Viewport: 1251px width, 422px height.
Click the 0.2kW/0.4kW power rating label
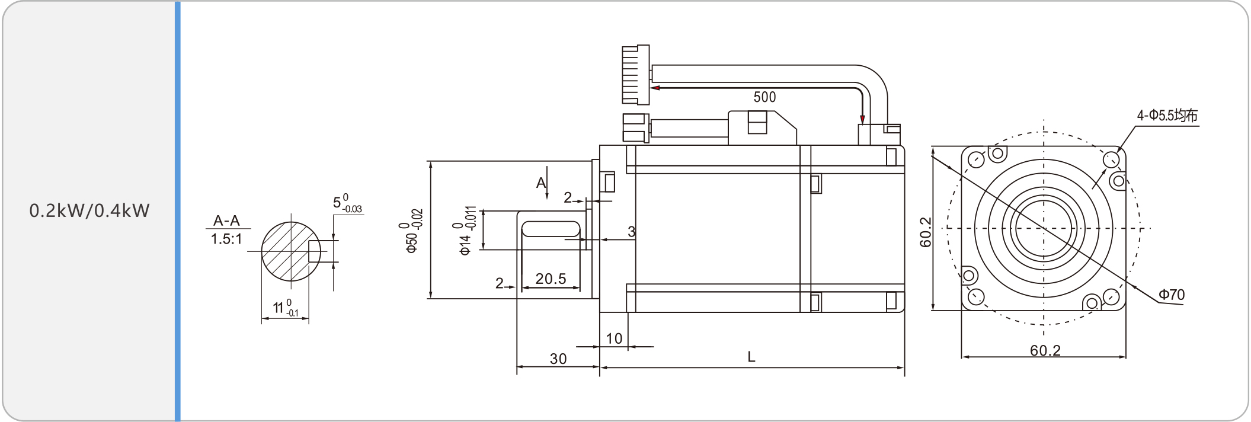(89, 211)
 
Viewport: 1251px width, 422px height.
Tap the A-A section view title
(226, 221)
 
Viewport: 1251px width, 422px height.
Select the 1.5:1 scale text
(226, 239)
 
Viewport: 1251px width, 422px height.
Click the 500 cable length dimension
(764, 97)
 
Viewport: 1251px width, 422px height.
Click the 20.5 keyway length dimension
(551, 279)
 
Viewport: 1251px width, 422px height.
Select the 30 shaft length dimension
(558, 359)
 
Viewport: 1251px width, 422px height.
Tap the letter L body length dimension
(751, 357)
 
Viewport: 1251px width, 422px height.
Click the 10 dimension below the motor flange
(614, 338)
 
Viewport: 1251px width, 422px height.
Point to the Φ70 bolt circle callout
(1172, 295)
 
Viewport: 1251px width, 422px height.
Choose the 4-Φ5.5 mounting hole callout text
(1167, 116)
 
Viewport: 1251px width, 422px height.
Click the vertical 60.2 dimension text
(926, 232)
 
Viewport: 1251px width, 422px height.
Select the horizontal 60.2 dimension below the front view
(1045, 350)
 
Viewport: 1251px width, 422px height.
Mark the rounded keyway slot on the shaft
(551, 229)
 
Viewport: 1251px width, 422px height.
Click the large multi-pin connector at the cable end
(635, 75)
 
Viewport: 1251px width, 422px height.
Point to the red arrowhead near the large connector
(655, 88)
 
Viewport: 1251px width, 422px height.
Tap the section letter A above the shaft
(540, 183)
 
